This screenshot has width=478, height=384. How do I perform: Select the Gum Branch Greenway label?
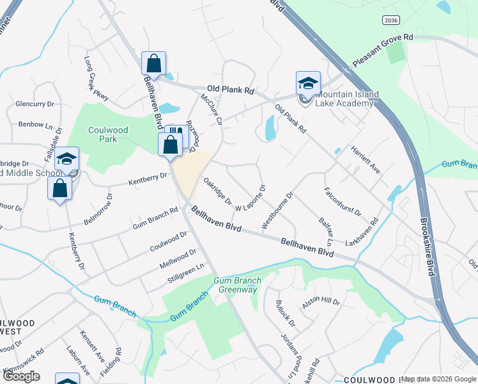coord(235,285)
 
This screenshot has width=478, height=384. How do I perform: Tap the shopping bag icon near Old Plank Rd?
coord(153,63)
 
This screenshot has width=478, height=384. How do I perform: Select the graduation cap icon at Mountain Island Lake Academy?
coord(308,83)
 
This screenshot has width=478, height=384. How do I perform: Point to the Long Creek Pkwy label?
coord(96,79)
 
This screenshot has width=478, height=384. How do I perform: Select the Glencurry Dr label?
coord(35,104)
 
